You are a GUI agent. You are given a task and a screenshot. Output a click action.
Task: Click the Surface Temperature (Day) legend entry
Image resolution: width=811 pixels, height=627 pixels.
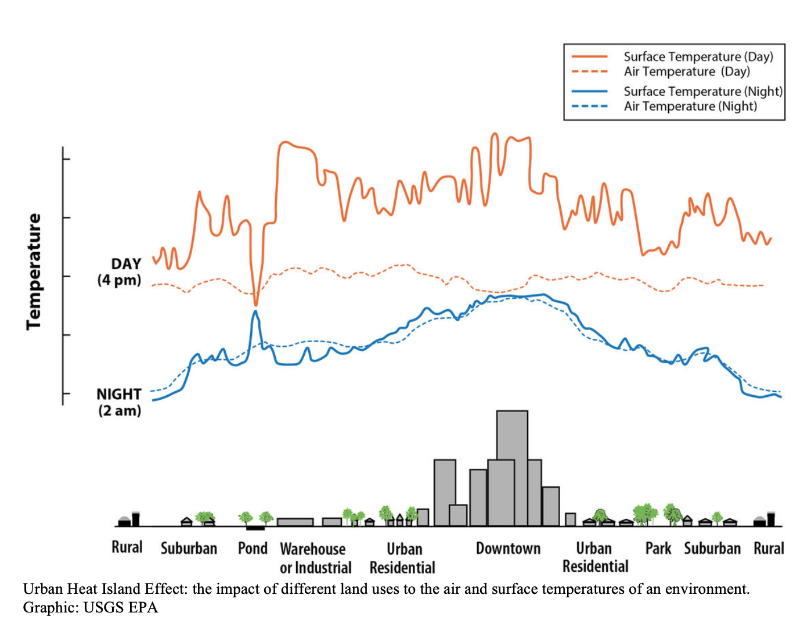coord(698,57)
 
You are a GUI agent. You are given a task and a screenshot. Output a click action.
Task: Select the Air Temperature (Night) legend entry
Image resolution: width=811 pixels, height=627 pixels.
coord(690,106)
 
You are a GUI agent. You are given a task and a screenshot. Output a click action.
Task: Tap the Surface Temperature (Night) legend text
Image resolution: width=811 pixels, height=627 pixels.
coord(703,91)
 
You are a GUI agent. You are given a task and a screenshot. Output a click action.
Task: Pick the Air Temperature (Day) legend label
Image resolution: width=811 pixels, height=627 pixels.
coord(687,71)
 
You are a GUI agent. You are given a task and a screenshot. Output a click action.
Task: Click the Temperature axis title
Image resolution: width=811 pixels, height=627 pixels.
coord(34,271)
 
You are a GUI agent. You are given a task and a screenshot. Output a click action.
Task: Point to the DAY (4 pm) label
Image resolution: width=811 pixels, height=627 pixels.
coord(120,272)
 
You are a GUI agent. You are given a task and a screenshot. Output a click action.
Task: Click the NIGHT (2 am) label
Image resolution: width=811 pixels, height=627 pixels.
coord(120,402)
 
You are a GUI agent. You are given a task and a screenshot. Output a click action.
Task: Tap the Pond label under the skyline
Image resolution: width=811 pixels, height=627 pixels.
coord(253,549)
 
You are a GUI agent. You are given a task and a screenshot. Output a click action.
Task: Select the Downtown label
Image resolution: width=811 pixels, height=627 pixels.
coord(508,549)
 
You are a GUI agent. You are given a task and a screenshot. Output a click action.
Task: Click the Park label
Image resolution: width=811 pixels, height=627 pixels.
coord(658,549)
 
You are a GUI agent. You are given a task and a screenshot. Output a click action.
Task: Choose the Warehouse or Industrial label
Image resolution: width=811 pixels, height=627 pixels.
coord(315,558)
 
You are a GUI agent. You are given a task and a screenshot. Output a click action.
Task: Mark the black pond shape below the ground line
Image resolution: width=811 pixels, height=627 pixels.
coord(255,528)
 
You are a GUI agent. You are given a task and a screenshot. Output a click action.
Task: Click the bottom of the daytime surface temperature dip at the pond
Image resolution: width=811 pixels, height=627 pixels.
coord(255,304)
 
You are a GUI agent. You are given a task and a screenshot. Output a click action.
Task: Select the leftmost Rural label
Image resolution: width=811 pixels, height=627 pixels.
coord(127,547)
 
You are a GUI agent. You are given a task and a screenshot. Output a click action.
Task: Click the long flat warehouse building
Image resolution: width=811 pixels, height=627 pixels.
coord(295,522)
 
